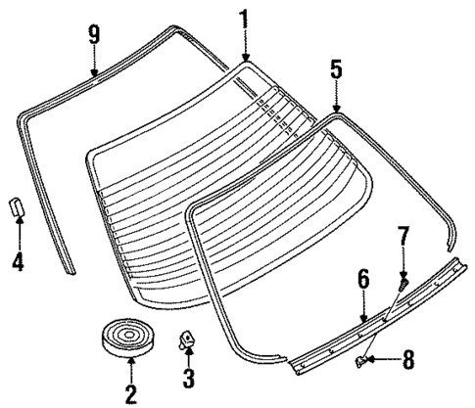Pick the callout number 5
point(336,69)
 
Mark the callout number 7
point(402,238)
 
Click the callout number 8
point(407,360)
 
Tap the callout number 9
point(94,35)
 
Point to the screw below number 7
point(402,281)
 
